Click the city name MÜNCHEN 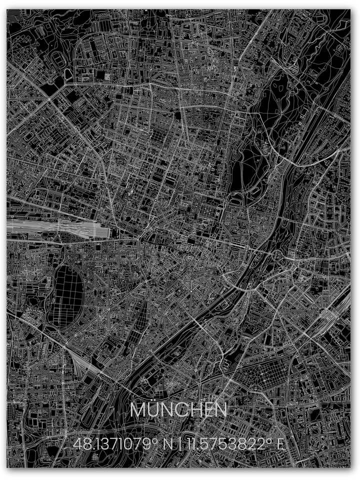pyautogui.click(x=178, y=410)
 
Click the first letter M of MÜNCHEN pyautogui.click(x=137, y=410)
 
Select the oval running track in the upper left pyautogui.click(x=60, y=60)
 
